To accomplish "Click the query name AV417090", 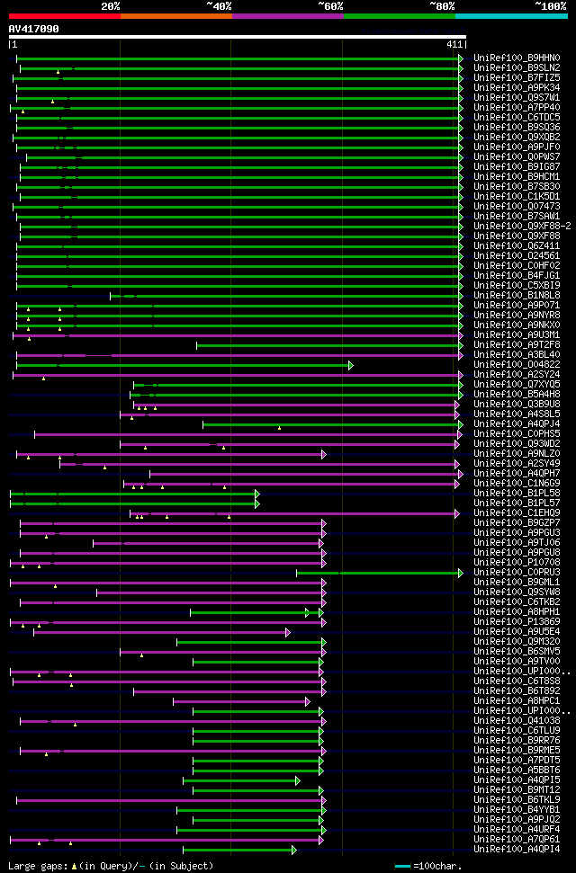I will (x=34, y=29).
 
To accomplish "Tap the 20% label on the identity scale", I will (x=111, y=6).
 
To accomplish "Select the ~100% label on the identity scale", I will (x=550, y=6).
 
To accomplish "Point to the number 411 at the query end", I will (x=454, y=44).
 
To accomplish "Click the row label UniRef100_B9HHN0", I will (x=517, y=58).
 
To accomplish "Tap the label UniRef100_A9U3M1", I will (x=517, y=334).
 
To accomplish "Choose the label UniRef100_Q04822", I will (x=517, y=364).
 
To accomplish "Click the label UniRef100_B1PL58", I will (x=517, y=493).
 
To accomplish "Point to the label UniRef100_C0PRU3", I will (x=517, y=572).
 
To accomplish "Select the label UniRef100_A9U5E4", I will (x=517, y=631).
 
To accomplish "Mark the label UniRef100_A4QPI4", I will (x=517, y=849).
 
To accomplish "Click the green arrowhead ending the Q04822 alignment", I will (x=350, y=365).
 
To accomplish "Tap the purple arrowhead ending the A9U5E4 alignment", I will (x=287, y=632).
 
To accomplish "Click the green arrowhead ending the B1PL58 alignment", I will (x=256, y=494).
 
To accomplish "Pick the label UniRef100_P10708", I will (x=517, y=562).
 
